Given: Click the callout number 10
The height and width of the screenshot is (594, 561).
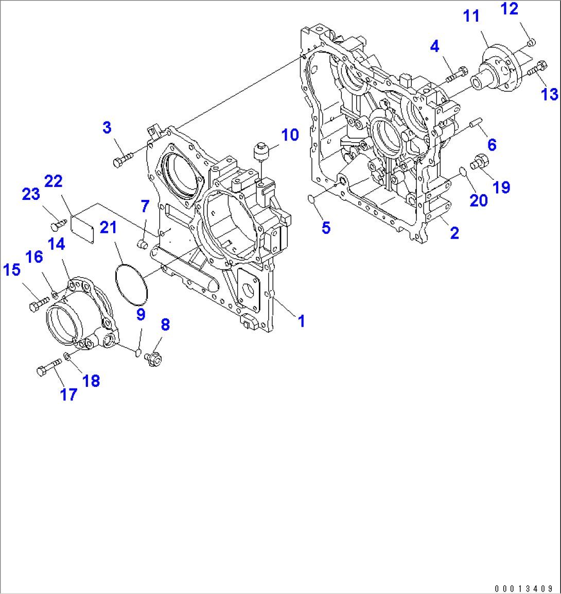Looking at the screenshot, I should pyautogui.click(x=290, y=135).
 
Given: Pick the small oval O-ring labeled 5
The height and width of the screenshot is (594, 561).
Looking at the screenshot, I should pyautogui.click(x=311, y=199).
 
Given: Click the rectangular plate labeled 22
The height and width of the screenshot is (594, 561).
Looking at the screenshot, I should pyautogui.click(x=82, y=229).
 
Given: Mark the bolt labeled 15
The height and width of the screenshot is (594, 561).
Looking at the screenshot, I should pyautogui.click(x=38, y=304).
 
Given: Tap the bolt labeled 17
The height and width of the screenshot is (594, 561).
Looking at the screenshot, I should pyautogui.click(x=47, y=369).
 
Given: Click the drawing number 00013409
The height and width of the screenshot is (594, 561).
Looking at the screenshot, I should pyautogui.click(x=523, y=588).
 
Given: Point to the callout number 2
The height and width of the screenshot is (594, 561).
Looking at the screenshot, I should pyautogui.click(x=454, y=233).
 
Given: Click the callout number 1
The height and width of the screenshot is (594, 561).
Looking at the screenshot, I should pyautogui.click(x=302, y=321).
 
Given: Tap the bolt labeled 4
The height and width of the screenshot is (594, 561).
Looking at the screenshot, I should pyautogui.click(x=455, y=75).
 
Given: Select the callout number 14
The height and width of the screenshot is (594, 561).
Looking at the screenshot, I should pyautogui.click(x=57, y=244).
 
